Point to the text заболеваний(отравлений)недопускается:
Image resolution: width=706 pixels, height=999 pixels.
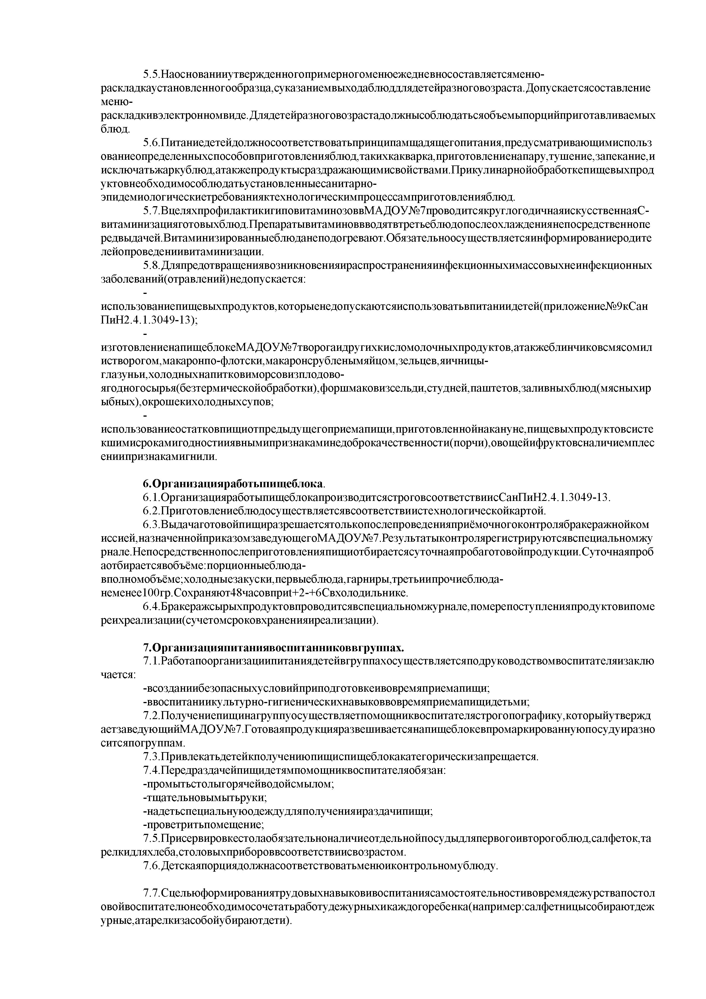pyautogui.click(x=204, y=279)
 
